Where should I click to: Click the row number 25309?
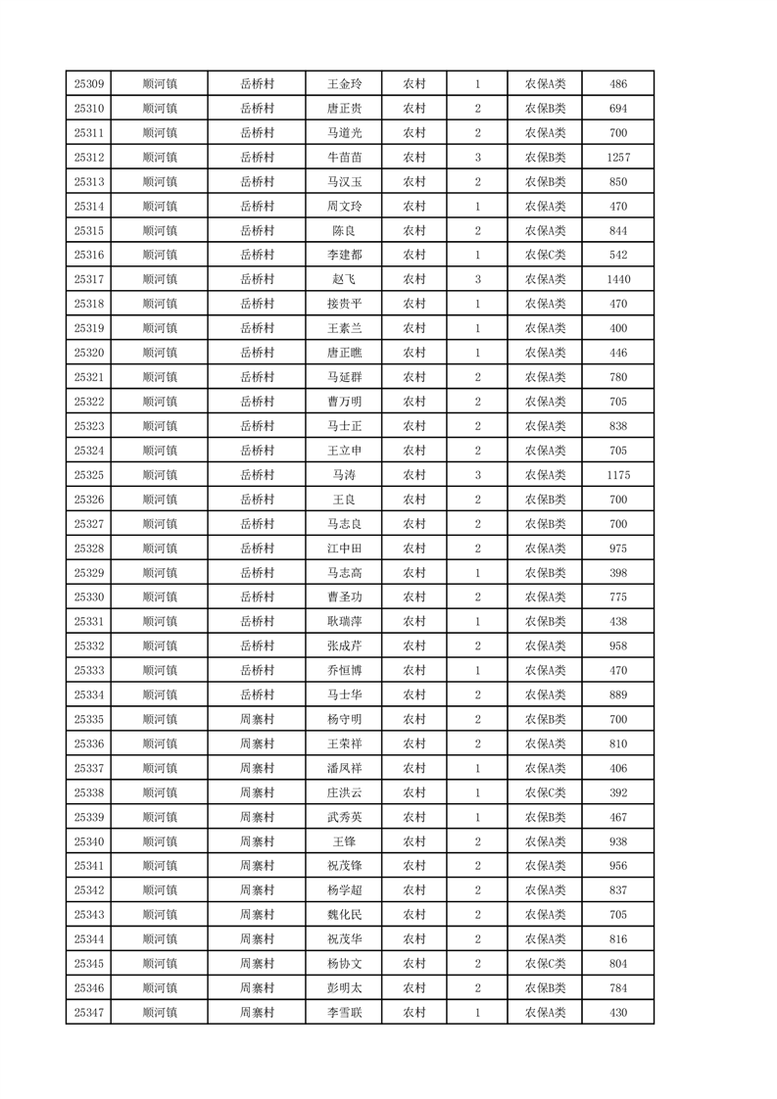tap(89, 84)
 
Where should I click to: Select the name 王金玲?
tap(344, 84)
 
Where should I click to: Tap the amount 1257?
tap(617, 158)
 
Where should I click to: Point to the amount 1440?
tap(617, 280)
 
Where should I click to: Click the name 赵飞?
tap(344, 280)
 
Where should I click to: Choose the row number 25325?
tap(89, 475)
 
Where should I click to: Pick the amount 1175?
tap(617, 475)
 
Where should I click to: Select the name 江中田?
tap(344, 549)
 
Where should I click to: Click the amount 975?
tap(617, 549)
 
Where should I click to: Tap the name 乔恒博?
tap(344, 671)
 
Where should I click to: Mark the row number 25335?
tap(89, 719)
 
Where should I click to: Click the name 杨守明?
tap(344, 719)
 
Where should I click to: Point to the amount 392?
tap(617, 792)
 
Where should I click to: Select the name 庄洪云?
tap(344, 792)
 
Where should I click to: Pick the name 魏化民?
tap(344, 915)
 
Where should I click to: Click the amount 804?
tap(617, 964)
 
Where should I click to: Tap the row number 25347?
tap(89, 1013)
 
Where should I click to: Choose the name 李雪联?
tap(344, 1013)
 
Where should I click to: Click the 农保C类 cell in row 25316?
tap(545, 256)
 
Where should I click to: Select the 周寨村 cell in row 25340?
tap(257, 841)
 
